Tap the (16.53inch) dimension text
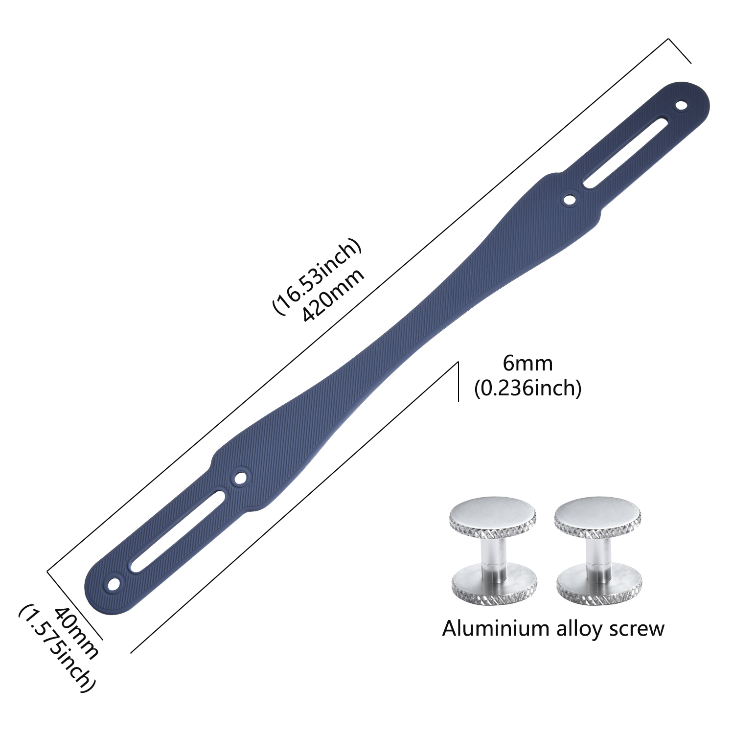[x=317, y=276]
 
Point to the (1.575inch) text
[x=56, y=649]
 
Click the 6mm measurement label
[x=528, y=364]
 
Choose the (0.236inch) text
[x=528, y=389]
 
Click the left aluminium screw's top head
[x=493, y=516]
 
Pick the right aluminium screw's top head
[x=597, y=517]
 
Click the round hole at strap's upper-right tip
[x=681, y=105]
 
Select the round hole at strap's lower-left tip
[x=114, y=584]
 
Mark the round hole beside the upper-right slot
[x=570, y=199]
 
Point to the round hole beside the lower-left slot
[x=240, y=477]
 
